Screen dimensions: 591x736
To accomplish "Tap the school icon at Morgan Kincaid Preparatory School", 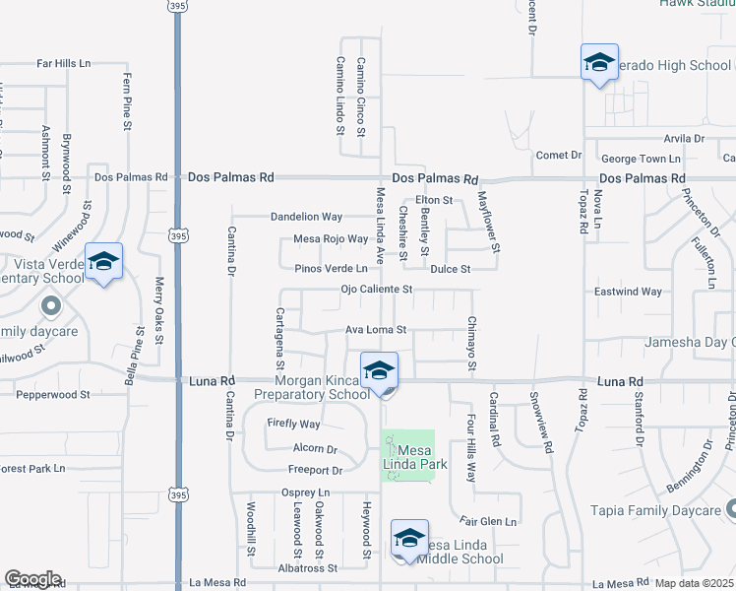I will (x=379, y=371).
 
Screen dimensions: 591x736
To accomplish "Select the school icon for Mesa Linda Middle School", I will (x=409, y=538).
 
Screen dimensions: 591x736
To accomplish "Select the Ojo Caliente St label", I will (x=376, y=290).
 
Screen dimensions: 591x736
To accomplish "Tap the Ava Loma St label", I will (x=375, y=330).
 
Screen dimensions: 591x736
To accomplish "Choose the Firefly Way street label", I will (x=293, y=424).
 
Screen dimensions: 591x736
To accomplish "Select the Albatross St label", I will (x=307, y=568).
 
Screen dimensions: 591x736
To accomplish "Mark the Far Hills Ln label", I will (x=63, y=63).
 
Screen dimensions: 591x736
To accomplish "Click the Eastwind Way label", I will (x=628, y=292).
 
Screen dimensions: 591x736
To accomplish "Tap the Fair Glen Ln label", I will (x=489, y=520).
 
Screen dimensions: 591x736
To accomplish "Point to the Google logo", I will (x=32, y=579).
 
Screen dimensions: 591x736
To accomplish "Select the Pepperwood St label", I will (x=53, y=394).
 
